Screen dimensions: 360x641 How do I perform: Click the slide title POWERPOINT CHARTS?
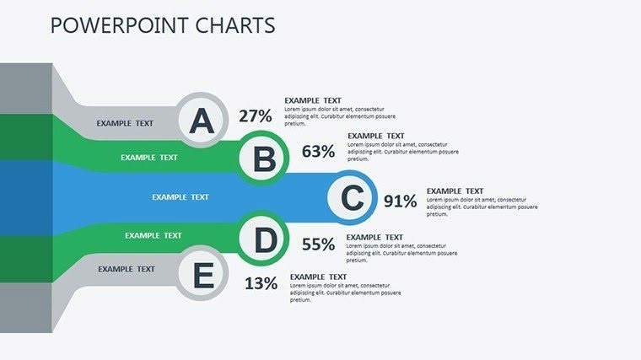[163, 25]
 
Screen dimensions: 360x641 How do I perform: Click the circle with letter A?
[202, 121]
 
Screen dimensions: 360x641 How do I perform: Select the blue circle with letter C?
[353, 198]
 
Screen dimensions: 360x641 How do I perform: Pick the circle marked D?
[265, 241]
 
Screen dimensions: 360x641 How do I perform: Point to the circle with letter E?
[202, 276]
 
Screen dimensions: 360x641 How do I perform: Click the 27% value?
[255, 116]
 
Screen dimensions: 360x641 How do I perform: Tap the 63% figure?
[318, 152]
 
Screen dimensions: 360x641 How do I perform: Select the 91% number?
[400, 201]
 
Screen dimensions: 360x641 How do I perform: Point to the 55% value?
[318, 244]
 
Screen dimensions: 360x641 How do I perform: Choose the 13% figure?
[261, 283]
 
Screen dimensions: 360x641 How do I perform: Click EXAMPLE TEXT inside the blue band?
[180, 197]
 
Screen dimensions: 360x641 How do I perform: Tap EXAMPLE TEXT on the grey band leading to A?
[125, 123]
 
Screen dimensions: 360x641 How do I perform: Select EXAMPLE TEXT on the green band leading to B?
[149, 157]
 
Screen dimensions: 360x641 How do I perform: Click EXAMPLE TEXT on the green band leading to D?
[154, 235]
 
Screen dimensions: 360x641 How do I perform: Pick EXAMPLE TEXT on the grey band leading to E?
[127, 269]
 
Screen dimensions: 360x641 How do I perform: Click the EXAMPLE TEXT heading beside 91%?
[455, 191]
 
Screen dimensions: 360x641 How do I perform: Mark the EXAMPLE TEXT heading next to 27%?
[313, 100]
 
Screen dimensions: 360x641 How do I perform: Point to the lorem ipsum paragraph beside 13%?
[345, 293]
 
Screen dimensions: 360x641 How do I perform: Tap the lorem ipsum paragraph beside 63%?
[402, 152]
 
